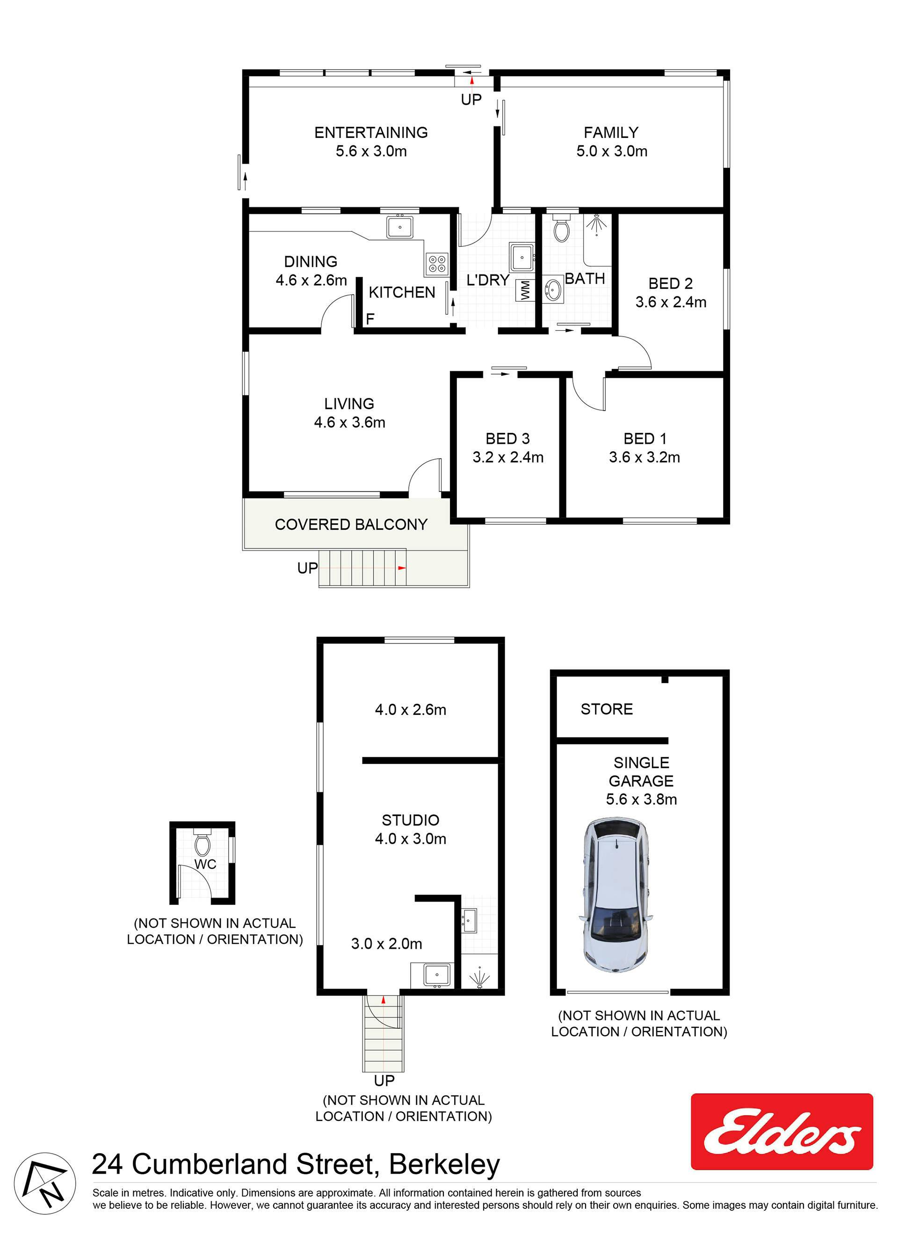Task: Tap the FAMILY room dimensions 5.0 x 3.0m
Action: point(612,151)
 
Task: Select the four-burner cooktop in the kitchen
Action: point(436,265)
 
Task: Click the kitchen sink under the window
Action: point(399,227)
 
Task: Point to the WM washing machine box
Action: point(525,290)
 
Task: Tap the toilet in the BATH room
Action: point(562,229)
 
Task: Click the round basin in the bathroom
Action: point(553,289)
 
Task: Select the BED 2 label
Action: point(671,283)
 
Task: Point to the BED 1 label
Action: point(645,439)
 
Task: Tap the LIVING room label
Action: point(349,404)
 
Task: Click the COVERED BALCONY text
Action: point(351,525)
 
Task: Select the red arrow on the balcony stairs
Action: point(402,568)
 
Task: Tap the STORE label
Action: point(606,709)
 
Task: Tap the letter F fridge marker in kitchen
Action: point(370,319)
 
